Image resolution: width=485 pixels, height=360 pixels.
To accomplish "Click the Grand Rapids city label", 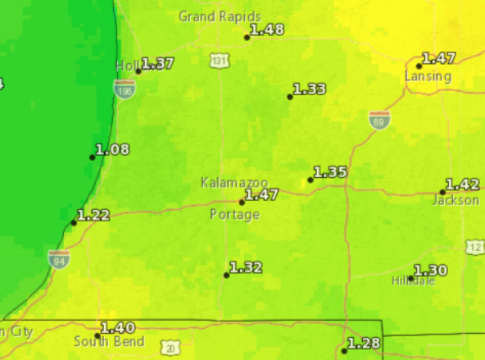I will (x=220, y=16).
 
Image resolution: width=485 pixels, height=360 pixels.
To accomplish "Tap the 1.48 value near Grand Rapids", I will (x=267, y=30).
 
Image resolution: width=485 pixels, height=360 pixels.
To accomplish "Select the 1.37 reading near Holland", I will (x=157, y=63).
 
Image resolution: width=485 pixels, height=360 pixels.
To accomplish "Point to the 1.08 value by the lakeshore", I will (x=112, y=149).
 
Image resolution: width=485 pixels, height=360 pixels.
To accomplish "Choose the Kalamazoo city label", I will (x=233, y=182).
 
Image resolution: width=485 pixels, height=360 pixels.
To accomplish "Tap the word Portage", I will (x=234, y=215).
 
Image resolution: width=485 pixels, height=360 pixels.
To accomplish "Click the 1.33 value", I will (x=310, y=89).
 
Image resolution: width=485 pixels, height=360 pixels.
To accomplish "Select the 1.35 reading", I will (x=330, y=172).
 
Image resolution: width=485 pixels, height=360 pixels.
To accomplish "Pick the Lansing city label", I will (x=428, y=76).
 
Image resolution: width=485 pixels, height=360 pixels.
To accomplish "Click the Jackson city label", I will (x=456, y=200).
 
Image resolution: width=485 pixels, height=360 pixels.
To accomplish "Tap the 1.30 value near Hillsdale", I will (x=431, y=271).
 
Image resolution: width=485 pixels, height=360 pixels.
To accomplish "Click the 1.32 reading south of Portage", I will (x=246, y=267).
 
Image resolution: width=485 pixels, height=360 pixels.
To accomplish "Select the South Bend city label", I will (x=109, y=341).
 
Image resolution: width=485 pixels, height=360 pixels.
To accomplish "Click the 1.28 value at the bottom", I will (x=364, y=343).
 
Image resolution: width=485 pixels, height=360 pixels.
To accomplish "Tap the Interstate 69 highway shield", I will (x=378, y=120).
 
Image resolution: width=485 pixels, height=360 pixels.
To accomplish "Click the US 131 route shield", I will (x=220, y=61).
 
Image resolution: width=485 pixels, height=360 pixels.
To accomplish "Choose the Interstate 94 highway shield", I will (x=58, y=259).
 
